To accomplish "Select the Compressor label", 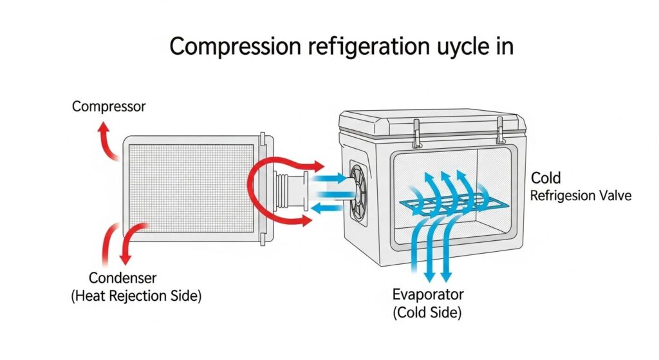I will (109, 106).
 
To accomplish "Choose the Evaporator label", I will (427, 296).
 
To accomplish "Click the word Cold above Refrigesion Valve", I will (546, 178).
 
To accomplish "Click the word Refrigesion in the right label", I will (562, 196).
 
